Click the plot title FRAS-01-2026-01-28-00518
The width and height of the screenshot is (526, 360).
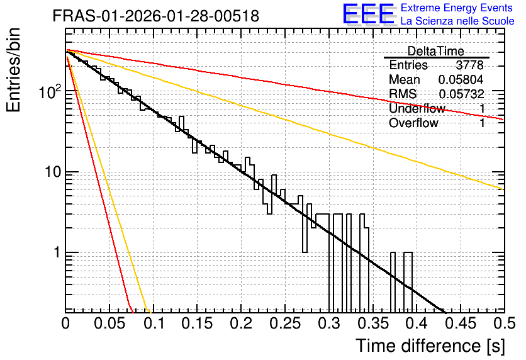click(x=156, y=16)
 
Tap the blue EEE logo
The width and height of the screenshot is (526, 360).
click(x=369, y=14)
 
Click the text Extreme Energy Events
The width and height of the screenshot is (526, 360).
click(x=457, y=8)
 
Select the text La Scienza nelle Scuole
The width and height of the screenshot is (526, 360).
click(x=457, y=21)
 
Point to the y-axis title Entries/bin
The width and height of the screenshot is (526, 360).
click(x=13, y=70)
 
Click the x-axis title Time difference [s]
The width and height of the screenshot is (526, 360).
click(x=430, y=346)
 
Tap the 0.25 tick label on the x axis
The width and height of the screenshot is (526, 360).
click(x=285, y=323)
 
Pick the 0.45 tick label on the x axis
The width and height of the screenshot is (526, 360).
click(x=461, y=323)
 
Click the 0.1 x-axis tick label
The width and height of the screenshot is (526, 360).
click(x=154, y=323)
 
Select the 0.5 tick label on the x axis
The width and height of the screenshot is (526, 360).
click(x=505, y=323)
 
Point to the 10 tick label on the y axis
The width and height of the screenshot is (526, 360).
click(x=53, y=172)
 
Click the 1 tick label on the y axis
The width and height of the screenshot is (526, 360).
click(x=57, y=252)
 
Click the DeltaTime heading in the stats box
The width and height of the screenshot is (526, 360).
click(x=436, y=51)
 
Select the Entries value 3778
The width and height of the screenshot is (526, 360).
click(x=469, y=65)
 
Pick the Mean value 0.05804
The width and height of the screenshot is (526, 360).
click(x=461, y=79)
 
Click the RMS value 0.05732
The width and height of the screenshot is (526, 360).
click(x=461, y=94)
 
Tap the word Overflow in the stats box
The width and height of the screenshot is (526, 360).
click(x=413, y=123)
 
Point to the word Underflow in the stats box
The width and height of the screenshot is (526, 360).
click(x=417, y=108)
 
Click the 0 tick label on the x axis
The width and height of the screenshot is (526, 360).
click(x=65, y=323)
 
